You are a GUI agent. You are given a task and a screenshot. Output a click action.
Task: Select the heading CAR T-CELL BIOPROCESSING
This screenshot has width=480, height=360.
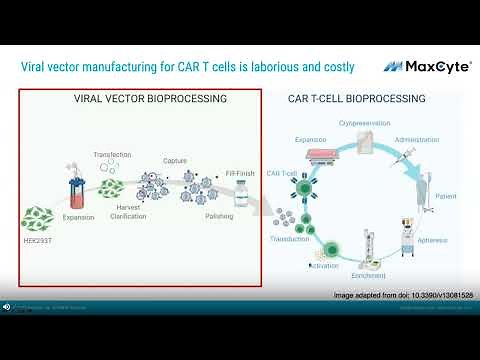coord(356,99)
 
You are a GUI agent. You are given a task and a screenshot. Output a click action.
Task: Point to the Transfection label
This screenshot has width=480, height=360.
coord(113,155)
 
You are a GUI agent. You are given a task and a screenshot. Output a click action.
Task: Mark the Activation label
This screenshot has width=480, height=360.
coord(324,268)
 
